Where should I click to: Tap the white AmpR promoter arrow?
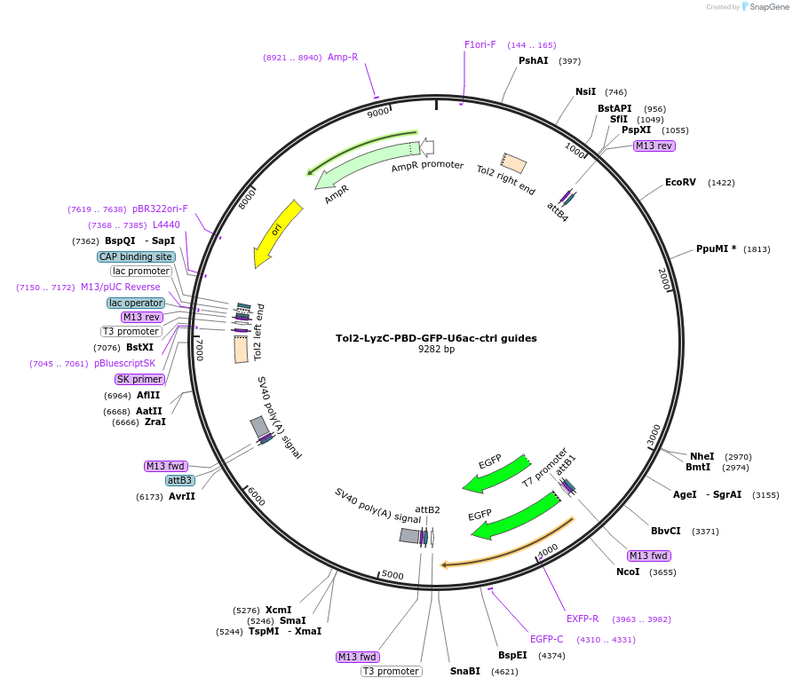coord(427,147)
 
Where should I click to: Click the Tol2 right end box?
coord(513,162)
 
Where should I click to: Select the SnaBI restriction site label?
coord(464,671)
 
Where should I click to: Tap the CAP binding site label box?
coord(136,256)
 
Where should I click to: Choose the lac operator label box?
coord(135,303)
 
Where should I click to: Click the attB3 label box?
coord(179,480)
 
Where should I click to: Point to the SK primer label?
coord(139,379)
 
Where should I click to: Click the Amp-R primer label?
coord(343,57)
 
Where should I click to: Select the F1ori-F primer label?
coord(480,44)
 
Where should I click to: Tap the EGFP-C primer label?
coord(547,639)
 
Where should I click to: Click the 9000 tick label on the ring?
coord(378,113)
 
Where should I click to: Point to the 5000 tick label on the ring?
coord(392,575)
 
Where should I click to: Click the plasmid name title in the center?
coord(436,338)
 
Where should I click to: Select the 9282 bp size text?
coord(436,350)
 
